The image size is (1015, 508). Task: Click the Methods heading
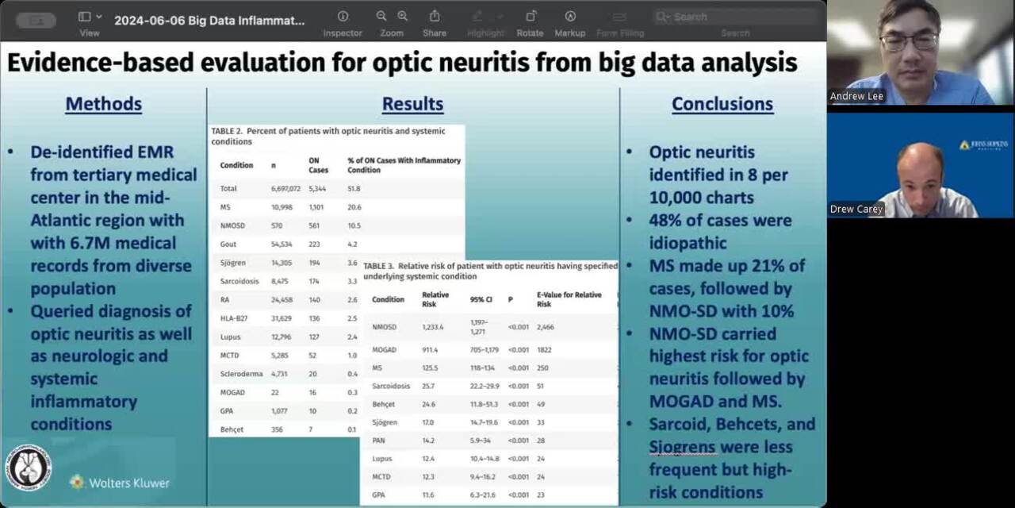click(x=103, y=104)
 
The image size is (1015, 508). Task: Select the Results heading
click(x=412, y=104)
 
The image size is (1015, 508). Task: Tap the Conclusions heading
click(x=722, y=104)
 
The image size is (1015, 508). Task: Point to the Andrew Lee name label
click(x=856, y=96)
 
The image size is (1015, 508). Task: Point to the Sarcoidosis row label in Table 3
click(x=391, y=386)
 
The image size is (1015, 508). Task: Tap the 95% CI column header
click(x=481, y=299)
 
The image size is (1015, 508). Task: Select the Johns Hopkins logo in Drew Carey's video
click(x=984, y=145)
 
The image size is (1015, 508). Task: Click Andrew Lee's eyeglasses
click(x=909, y=39)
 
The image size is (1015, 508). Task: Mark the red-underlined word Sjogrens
click(x=683, y=447)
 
